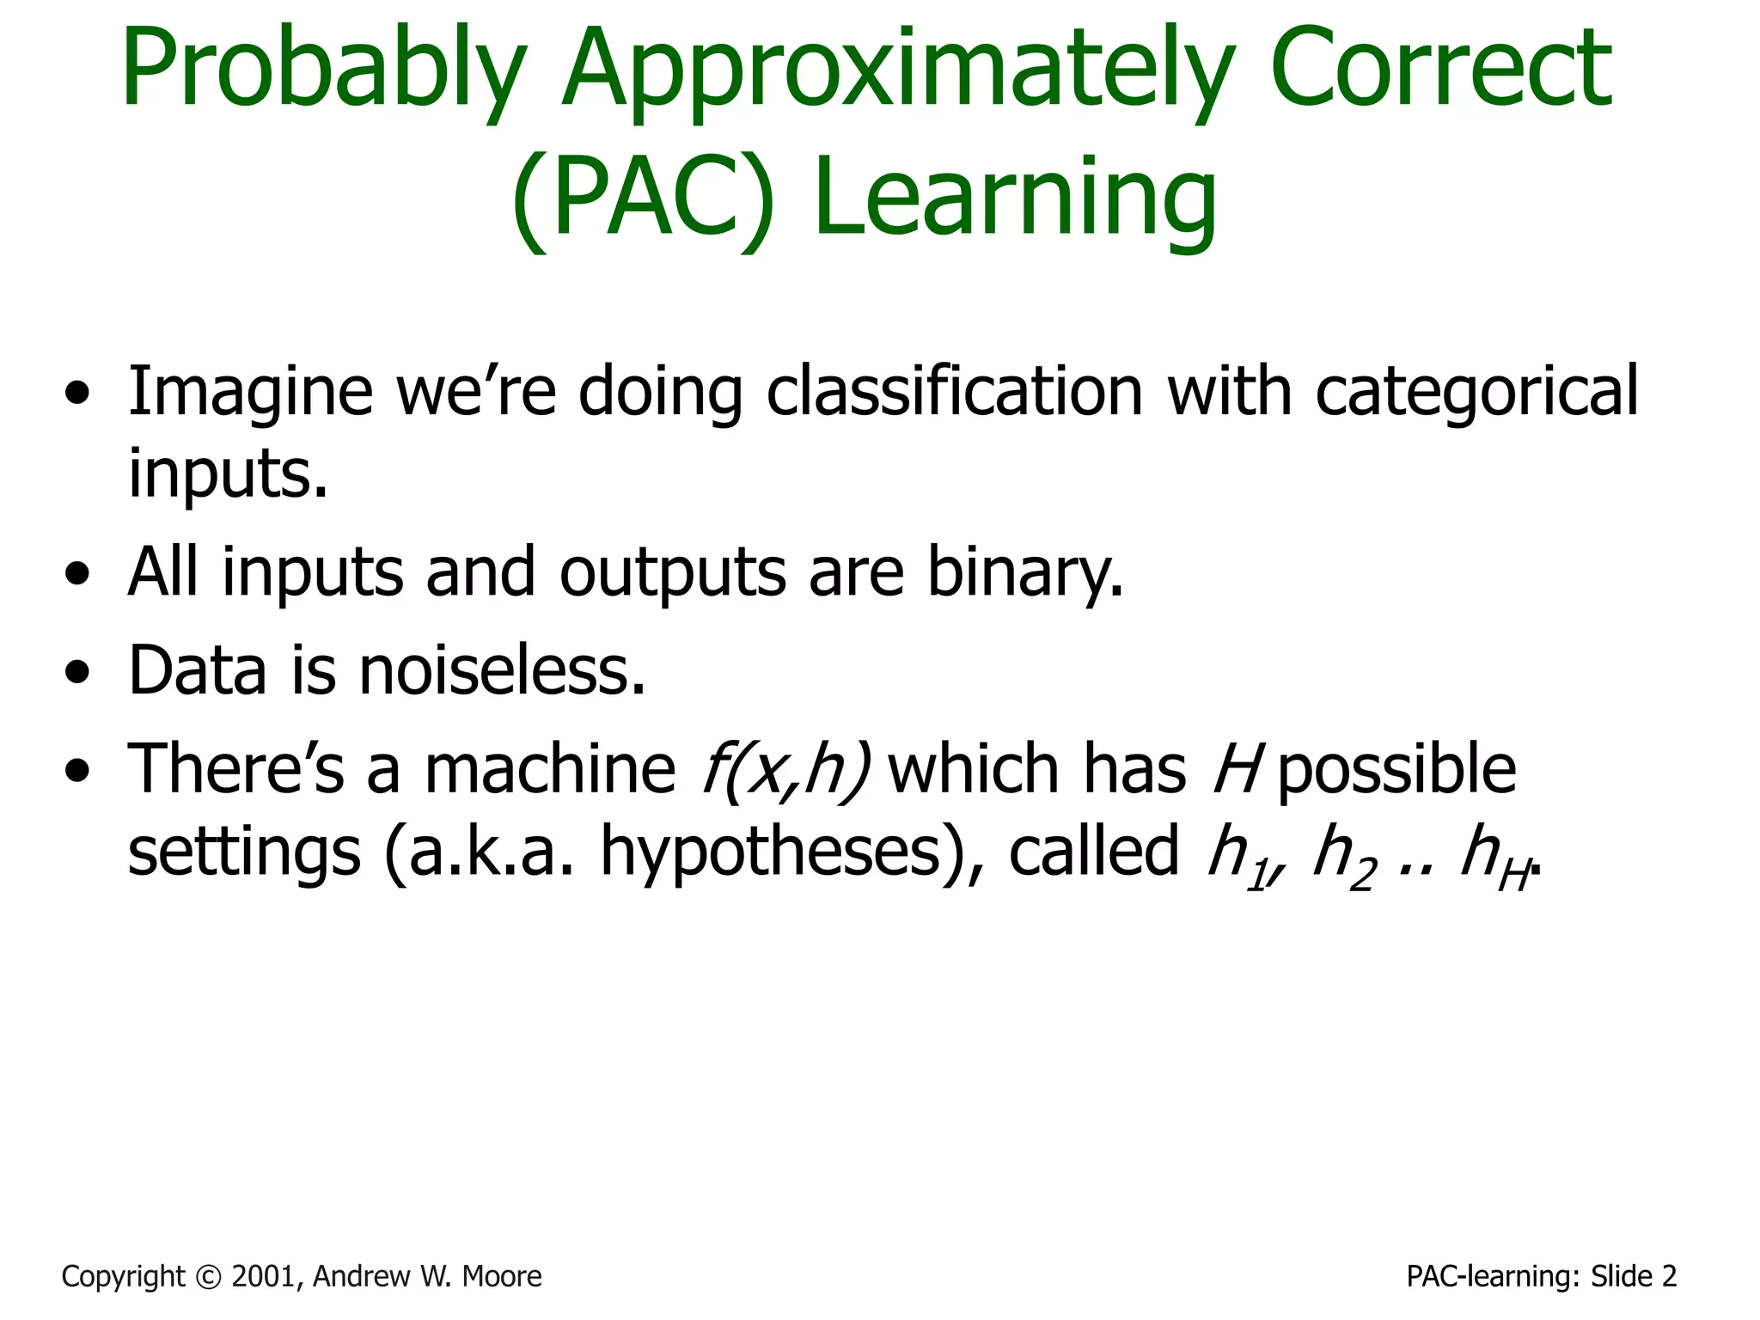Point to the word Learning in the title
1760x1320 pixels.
pyautogui.click(x=1014, y=199)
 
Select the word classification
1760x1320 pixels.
pyautogui.click(x=954, y=391)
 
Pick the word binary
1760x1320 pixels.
pyautogui.click(x=1023, y=573)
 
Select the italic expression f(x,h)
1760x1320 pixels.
pyautogui.click(x=786, y=769)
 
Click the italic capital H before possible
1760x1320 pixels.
pyautogui.click(x=1237, y=767)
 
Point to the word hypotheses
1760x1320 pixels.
pyautogui.click(x=782, y=852)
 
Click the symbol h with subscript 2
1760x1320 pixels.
pyautogui.click(x=1343, y=855)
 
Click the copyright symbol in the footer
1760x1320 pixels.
pyautogui.click(x=207, y=1277)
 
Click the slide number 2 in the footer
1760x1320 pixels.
pyautogui.click(x=1668, y=1277)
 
